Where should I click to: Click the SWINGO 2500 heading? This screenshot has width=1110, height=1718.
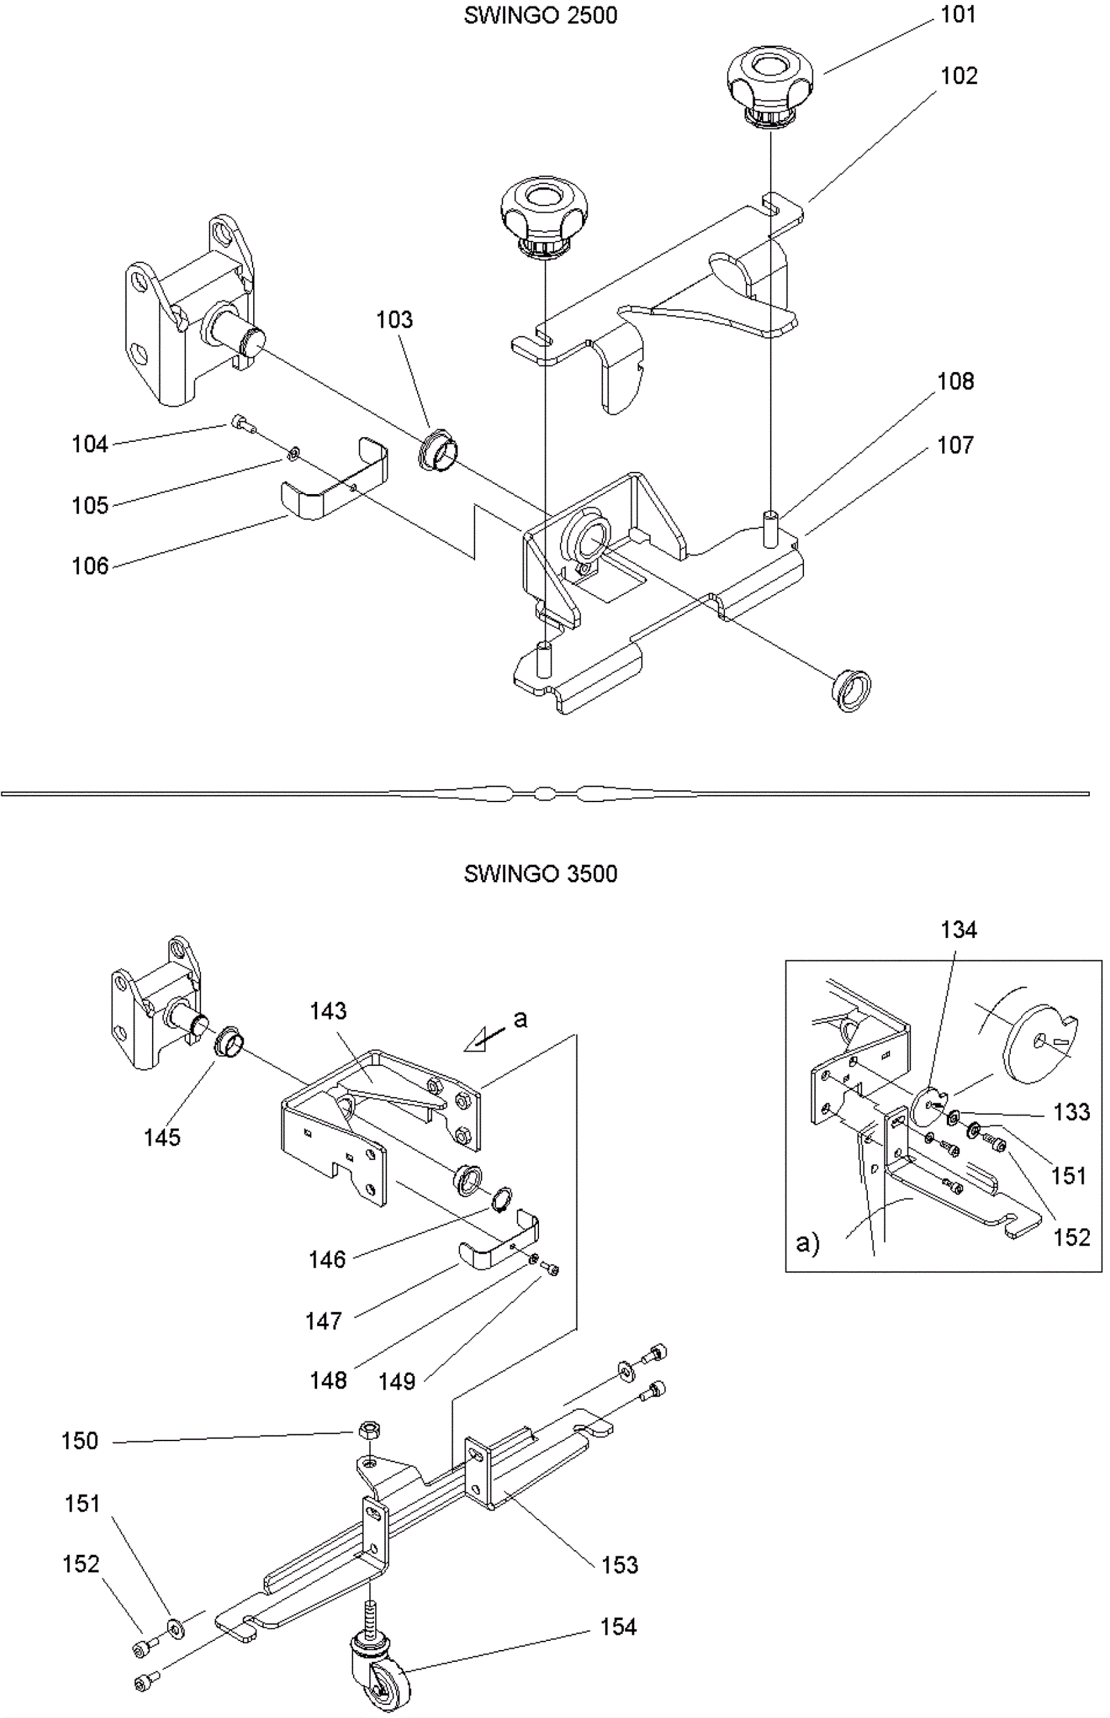[540, 16]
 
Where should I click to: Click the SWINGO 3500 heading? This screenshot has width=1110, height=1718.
[540, 874]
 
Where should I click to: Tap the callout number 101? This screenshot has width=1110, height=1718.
[958, 15]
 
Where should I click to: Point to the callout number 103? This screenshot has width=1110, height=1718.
[394, 319]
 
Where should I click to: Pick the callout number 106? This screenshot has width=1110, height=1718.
[90, 566]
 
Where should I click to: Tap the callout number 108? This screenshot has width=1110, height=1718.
[955, 382]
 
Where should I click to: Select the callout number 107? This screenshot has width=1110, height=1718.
[955, 445]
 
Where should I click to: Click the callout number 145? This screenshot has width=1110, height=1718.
[162, 1138]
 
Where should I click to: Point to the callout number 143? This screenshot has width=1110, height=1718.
[328, 1011]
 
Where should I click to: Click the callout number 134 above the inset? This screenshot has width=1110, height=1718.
[958, 930]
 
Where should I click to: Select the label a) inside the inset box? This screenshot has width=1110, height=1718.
[808, 1243]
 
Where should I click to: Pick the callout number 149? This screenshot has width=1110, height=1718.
[397, 1381]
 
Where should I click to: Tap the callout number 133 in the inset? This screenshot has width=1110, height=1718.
[1071, 1112]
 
